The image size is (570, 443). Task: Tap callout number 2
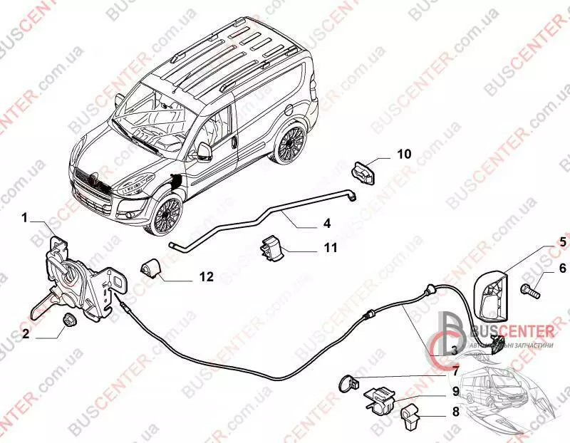point(25,333)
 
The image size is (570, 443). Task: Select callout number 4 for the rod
point(327,223)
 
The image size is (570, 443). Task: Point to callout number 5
point(562,242)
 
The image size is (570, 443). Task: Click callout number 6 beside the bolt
point(562,268)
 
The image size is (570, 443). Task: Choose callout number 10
point(404,153)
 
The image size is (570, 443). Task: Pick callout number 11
point(331,249)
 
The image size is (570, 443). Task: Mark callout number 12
point(206,277)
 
